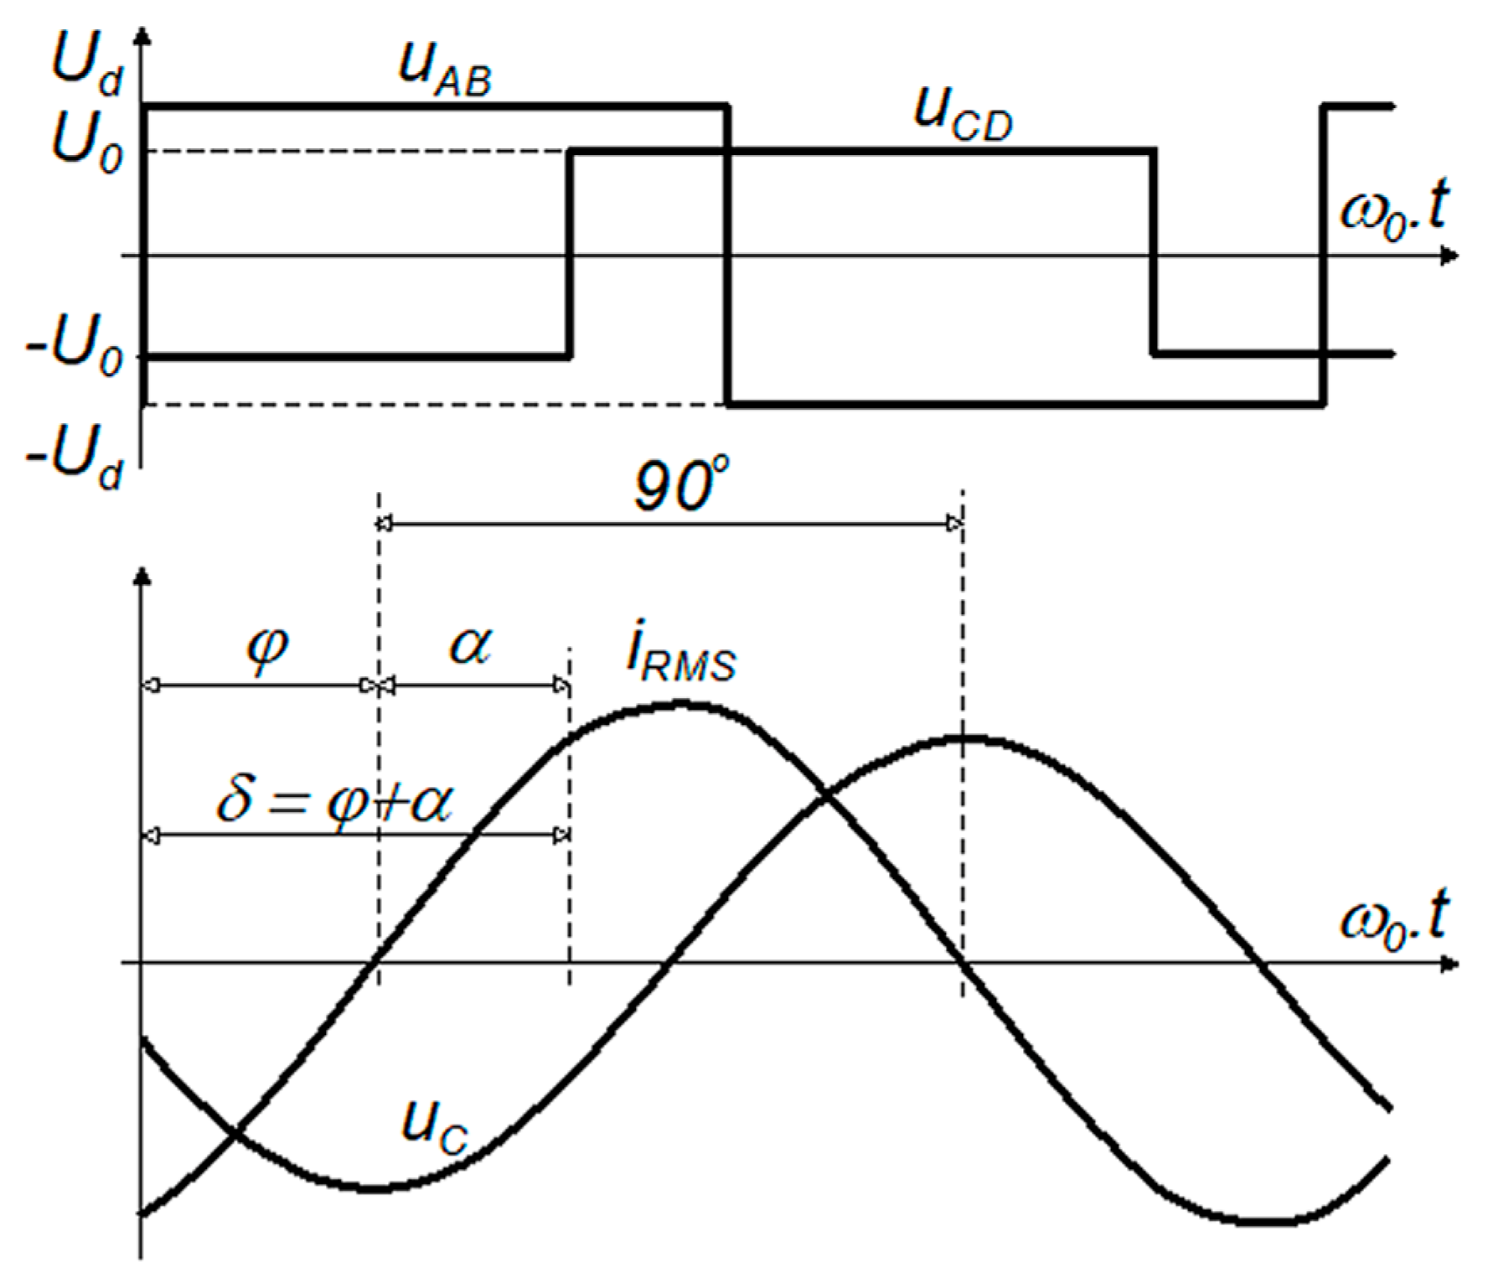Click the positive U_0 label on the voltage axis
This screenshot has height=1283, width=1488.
click(86, 143)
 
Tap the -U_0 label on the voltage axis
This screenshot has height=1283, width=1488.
click(75, 347)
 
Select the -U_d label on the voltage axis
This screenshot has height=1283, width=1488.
click(75, 458)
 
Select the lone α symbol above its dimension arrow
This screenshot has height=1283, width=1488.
click(470, 645)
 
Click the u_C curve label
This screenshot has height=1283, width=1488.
click(434, 1123)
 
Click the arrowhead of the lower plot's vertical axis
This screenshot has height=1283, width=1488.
click(143, 577)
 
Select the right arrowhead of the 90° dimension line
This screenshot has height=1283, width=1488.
click(954, 525)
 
